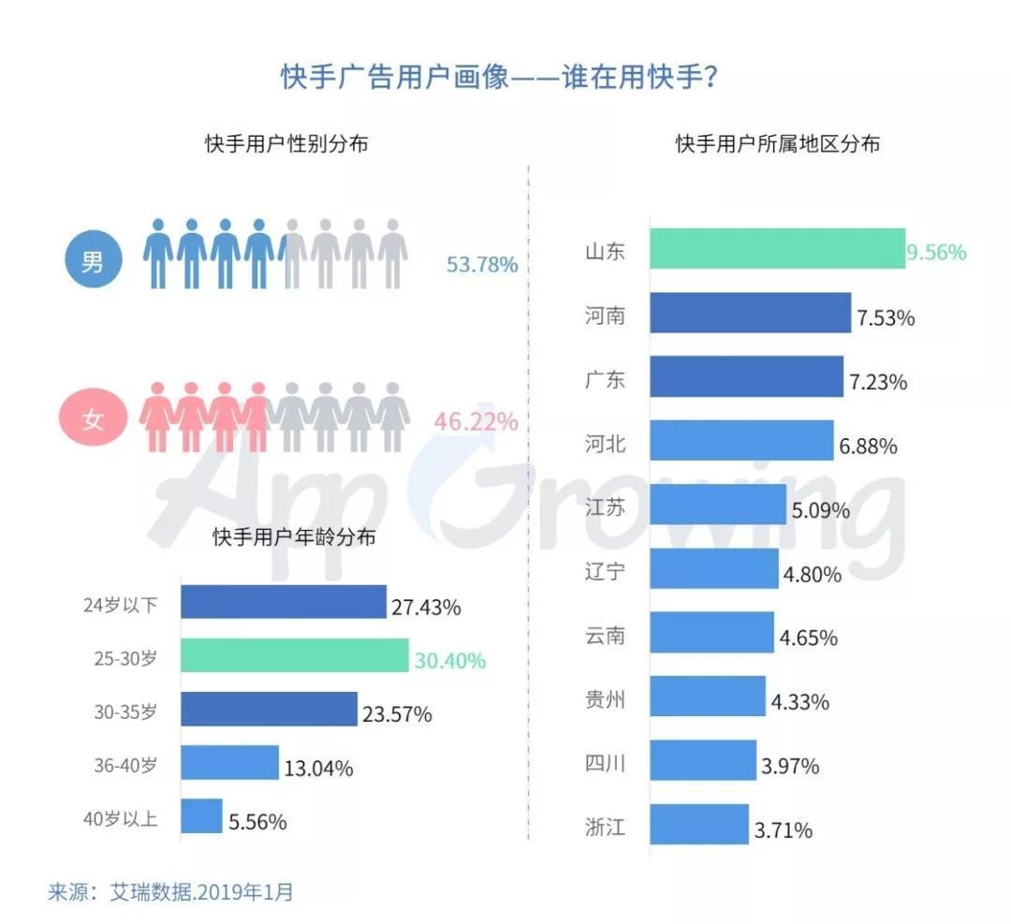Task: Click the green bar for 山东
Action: point(777,249)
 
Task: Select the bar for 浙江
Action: point(699,825)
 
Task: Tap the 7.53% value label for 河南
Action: point(885,318)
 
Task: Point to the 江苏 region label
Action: point(604,508)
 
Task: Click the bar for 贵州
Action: point(708,697)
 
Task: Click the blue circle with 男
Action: point(94,261)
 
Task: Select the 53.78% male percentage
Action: point(482,265)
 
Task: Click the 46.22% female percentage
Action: point(476,422)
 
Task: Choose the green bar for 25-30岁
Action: point(294,655)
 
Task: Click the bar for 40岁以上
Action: point(201,816)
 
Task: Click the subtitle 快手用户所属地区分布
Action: point(777,144)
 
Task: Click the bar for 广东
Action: point(746,376)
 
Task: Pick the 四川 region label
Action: point(604,763)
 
